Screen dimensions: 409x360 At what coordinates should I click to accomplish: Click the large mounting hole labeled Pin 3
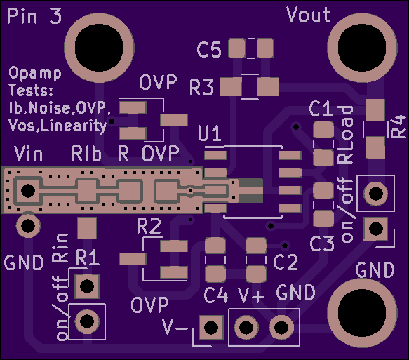(99, 48)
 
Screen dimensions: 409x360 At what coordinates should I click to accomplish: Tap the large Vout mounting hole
(362, 48)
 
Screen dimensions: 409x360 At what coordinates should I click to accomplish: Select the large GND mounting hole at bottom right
(362, 313)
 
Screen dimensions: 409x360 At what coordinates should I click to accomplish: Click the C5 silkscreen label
(209, 50)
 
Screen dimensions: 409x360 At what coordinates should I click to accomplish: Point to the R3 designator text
(201, 88)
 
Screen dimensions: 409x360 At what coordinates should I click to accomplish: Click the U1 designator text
(210, 133)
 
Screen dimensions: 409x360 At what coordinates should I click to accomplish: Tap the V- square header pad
(211, 328)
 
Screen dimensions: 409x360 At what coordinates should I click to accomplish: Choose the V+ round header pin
(246, 327)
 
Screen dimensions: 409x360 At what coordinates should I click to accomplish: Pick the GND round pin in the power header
(281, 327)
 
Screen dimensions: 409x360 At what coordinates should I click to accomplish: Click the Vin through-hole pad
(28, 191)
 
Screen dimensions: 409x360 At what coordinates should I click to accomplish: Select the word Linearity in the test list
(74, 126)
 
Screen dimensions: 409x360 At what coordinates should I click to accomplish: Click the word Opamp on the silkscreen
(35, 73)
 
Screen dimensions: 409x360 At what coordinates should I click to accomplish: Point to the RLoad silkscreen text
(345, 135)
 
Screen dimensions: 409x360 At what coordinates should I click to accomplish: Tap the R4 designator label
(398, 127)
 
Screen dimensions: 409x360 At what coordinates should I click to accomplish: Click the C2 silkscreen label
(285, 262)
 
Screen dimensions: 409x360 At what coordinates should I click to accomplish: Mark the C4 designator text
(215, 295)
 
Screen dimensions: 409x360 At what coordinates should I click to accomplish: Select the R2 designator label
(149, 226)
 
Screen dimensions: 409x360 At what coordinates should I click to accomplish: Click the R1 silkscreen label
(88, 258)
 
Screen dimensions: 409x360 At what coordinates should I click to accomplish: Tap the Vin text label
(28, 154)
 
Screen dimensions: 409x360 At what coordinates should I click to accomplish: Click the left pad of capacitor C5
(236, 48)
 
